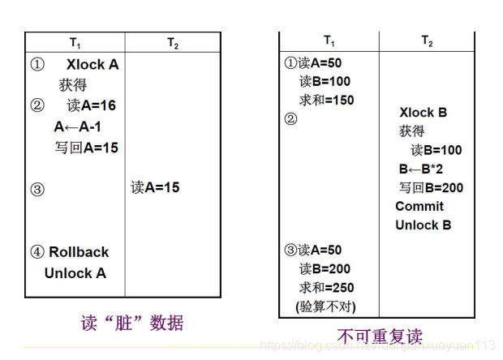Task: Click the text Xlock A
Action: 92,64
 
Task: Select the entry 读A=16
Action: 92,105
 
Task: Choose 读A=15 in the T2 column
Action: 155,187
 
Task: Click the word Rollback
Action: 79,252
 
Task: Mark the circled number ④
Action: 37,252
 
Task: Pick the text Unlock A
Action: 75,273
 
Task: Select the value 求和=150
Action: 326,100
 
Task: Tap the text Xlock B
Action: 423,113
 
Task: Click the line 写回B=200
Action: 431,188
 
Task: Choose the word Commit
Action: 419,207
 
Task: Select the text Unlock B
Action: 423,225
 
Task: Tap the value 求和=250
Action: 326,287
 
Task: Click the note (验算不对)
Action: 326,306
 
